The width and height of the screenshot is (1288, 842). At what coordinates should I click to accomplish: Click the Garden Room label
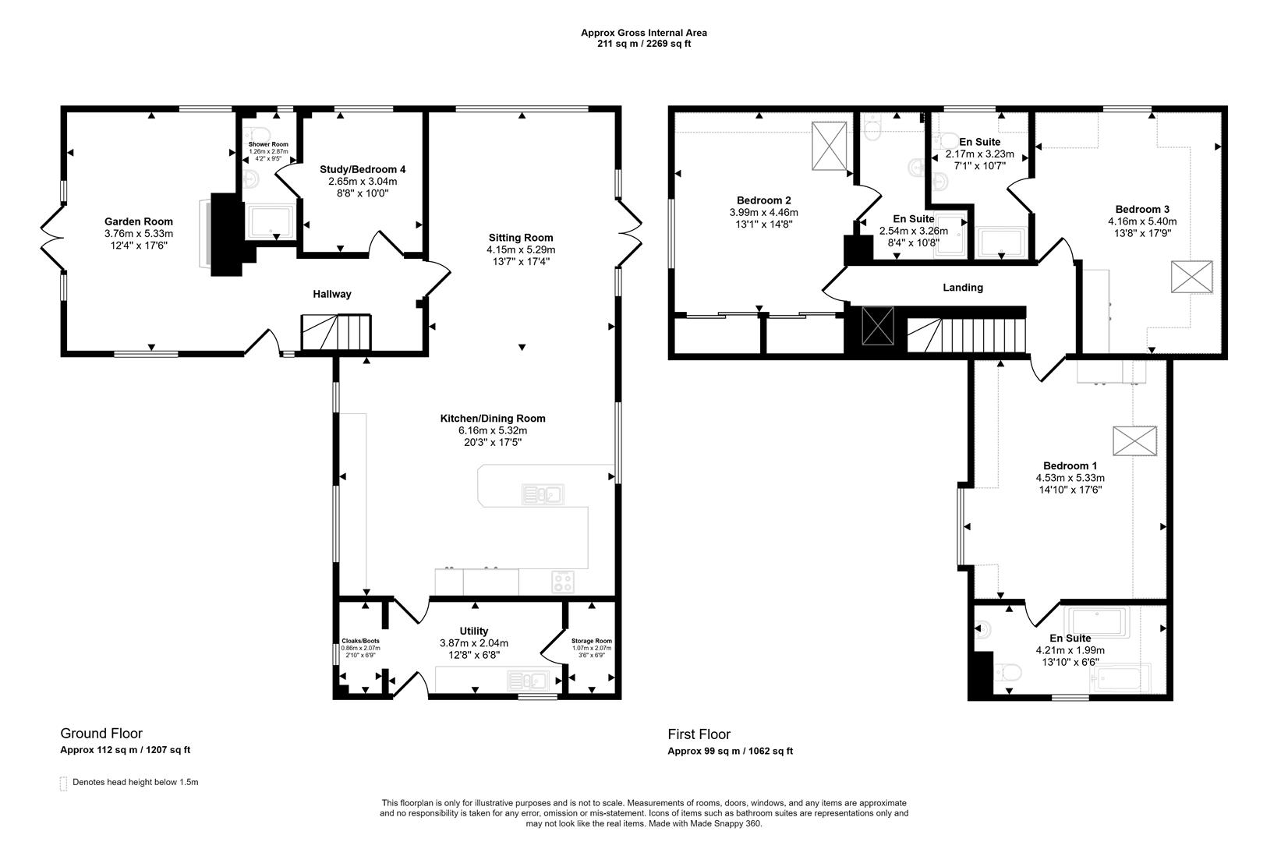click(x=139, y=221)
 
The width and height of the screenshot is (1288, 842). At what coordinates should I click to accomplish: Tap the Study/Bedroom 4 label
click(x=363, y=169)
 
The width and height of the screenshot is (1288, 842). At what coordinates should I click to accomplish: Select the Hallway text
click(x=332, y=294)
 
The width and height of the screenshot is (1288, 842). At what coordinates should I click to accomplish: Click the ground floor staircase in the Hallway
click(x=336, y=332)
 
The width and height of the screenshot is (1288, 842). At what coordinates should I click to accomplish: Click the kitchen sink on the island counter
click(x=543, y=494)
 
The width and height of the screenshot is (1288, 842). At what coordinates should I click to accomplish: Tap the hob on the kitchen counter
click(x=562, y=582)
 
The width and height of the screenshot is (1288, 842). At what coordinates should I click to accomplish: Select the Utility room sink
click(x=528, y=681)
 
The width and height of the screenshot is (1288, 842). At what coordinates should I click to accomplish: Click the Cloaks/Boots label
click(x=360, y=641)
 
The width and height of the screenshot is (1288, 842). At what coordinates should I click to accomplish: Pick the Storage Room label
click(x=592, y=641)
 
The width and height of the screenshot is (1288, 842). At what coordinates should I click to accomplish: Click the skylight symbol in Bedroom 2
click(x=829, y=146)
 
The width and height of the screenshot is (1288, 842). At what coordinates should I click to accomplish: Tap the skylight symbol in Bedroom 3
click(x=1192, y=277)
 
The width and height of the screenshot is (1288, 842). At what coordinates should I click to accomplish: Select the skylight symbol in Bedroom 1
click(x=1135, y=440)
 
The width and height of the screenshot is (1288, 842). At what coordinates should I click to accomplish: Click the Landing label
click(x=963, y=288)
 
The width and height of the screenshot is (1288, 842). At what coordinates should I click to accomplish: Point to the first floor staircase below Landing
click(x=966, y=334)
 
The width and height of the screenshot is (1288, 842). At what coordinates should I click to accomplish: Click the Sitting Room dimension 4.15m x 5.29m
click(x=521, y=249)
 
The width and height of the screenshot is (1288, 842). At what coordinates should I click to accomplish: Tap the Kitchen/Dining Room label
click(x=493, y=418)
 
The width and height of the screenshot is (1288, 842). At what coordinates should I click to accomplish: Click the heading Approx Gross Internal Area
click(x=644, y=33)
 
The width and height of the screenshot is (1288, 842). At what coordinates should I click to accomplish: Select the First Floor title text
click(x=699, y=734)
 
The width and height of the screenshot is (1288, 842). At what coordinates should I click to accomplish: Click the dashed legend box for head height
click(x=63, y=784)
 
